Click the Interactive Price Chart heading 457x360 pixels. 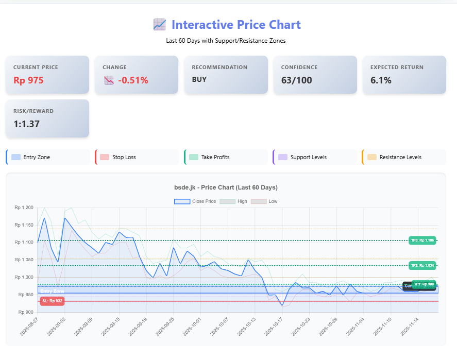click(235, 25)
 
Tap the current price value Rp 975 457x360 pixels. click(28, 80)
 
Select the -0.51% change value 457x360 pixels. click(133, 80)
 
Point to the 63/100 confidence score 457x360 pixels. click(296, 80)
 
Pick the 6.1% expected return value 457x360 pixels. click(381, 80)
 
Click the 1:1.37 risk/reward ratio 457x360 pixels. click(27, 124)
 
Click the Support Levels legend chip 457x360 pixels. click(315, 157)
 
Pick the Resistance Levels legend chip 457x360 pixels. click(404, 157)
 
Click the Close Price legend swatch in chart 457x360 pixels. click(182, 201)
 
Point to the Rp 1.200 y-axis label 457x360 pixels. click(24, 208)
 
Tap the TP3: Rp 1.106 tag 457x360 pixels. click(422, 241)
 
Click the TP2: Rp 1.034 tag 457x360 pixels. click(422, 266)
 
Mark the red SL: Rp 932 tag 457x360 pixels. click(52, 301)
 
